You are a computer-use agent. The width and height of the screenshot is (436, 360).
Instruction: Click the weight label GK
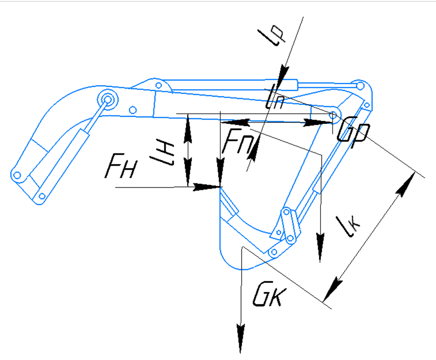point(267,296)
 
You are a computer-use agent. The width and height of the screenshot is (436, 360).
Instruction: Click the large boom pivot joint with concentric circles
point(108,99)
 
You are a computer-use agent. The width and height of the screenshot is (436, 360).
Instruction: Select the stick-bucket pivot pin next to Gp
point(333,115)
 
